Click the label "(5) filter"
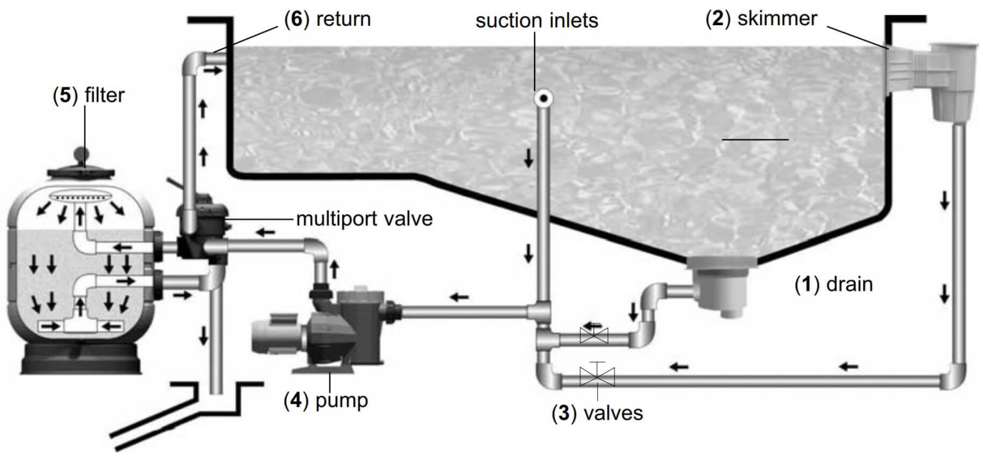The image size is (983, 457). (x=88, y=96)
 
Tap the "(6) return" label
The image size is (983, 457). (x=327, y=19)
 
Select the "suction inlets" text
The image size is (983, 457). (x=536, y=20)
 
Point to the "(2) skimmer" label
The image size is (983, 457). (x=761, y=19)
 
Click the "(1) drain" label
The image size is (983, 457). (x=834, y=284)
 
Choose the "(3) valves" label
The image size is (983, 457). (x=597, y=413)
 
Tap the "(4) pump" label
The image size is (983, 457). (x=326, y=400)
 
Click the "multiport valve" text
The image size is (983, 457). (x=364, y=219)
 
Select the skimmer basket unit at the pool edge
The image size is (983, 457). (x=949, y=80)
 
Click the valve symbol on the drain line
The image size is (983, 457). (x=593, y=335)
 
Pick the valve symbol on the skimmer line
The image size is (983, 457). (x=597, y=375)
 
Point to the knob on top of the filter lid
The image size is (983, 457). (x=82, y=154)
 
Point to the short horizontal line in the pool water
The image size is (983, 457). (x=755, y=139)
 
